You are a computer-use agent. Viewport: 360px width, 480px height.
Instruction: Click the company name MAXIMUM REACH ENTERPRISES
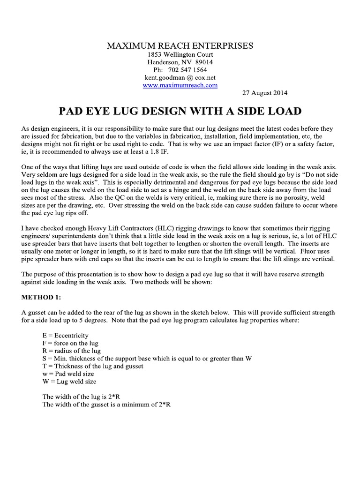pyautogui.click(x=180, y=45)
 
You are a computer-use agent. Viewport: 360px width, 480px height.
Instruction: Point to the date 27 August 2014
pyautogui.click(x=265, y=93)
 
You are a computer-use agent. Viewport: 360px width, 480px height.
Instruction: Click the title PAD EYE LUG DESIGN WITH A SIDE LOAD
pyautogui.click(x=180, y=112)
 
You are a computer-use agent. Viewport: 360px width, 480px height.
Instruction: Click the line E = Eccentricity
pyautogui.click(x=65, y=336)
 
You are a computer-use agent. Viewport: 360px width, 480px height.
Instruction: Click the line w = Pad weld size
pyautogui.click(x=68, y=374)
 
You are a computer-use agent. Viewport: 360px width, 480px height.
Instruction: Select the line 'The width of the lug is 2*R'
pyautogui.click(x=83, y=397)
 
